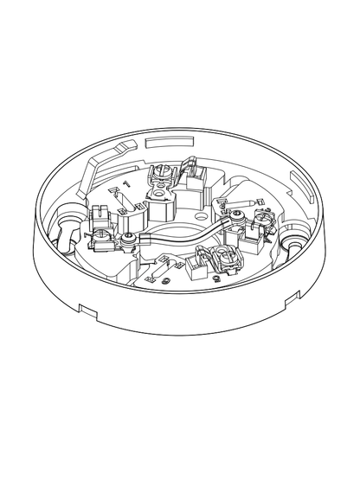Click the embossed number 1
point(126,184)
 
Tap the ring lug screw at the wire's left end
point(128,238)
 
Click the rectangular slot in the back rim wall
point(164,138)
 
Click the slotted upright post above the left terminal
point(98,212)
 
